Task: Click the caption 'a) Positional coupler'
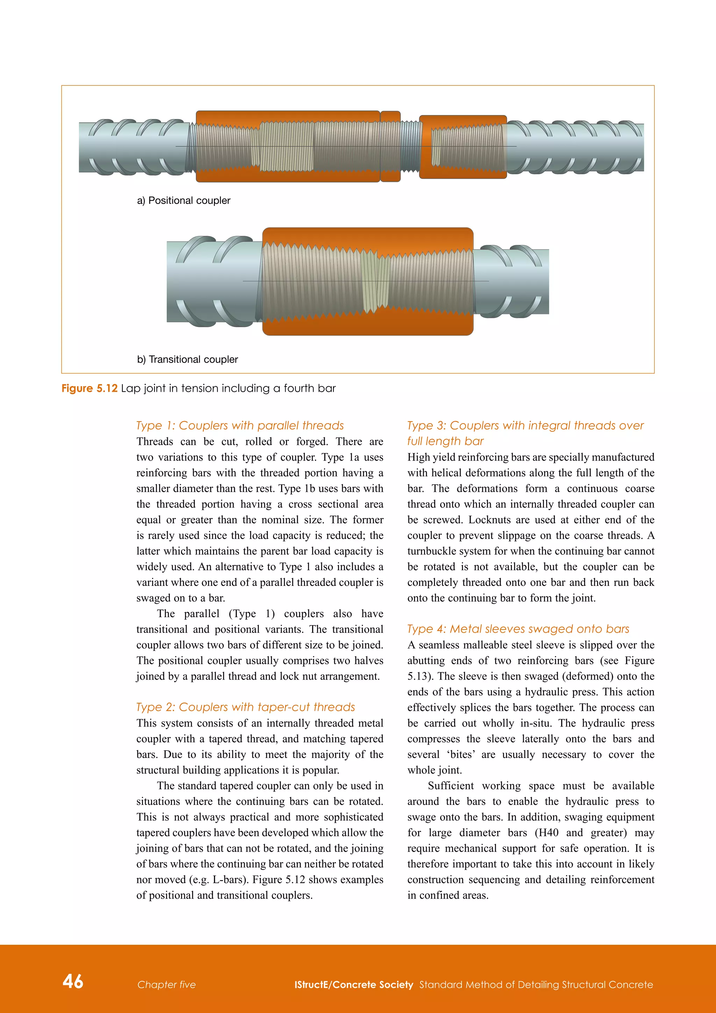[x=184, y=200]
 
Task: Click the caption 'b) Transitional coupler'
[x=187, y=359]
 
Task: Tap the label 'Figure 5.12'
[x=89, y=388]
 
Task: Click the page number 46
[x=73, y=981]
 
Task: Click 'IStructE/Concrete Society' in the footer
[x=353, y=984]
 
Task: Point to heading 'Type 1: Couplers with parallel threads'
[x=240, y=425]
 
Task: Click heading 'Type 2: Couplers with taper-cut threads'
[x=245, y=707]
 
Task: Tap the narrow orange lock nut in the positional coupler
[x=390, y=147]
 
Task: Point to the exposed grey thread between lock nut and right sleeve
[x=410, y=147]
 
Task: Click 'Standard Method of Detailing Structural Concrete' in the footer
[x=536, y=984]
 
